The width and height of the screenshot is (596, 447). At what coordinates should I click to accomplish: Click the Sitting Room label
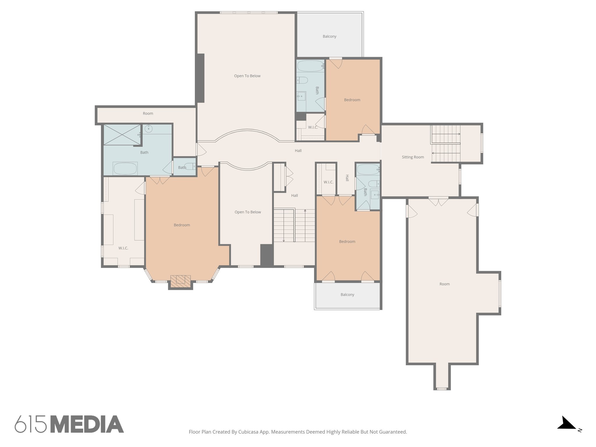coord(413,157)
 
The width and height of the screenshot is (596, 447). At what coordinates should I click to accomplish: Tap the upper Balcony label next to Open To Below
coord(329,36)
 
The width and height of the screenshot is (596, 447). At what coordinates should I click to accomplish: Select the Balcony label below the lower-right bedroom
coord(347,295)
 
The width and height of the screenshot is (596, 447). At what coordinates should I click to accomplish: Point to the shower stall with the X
coord(122,134)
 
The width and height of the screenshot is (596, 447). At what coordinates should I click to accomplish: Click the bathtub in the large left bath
coord(125,168)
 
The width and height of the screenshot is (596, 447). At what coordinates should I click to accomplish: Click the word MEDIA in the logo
coord(87,424)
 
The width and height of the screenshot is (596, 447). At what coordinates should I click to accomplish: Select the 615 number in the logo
coord(31,424)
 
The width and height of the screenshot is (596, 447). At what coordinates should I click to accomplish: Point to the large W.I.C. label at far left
coord(123,248)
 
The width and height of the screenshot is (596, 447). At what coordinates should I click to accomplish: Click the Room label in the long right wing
coord(444,284)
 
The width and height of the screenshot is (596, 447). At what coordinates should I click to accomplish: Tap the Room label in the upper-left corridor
coord(148,113)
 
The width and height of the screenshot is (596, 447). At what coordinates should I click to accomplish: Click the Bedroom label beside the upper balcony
coord(352,100)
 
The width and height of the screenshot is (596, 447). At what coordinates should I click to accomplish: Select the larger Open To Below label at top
coord(247,76)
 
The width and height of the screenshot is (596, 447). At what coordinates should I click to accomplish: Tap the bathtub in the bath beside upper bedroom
coord(310,66)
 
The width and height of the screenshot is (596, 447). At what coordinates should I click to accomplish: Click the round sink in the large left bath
coord(149,128)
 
